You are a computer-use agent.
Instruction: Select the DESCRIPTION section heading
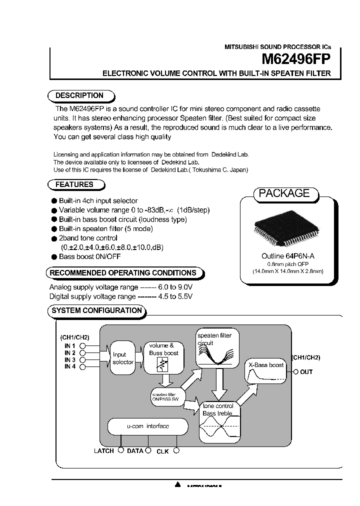pyautogui.click(x=79, y=95)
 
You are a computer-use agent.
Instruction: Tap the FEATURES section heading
pyautogui.click(x=74, y=184)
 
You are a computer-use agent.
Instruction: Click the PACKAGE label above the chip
pyautogui.click(x=284, y=193)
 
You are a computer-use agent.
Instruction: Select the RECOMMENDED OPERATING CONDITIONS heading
pyautogui.click(x=123, y=273)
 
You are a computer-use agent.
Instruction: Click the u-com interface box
pyautogui.click(x=147, y=426)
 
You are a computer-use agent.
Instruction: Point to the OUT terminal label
pyautogui.click(x=306, y=372)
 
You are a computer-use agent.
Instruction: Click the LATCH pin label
pyautogui.click(x=104, y=451)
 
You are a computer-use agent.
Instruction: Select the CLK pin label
pyautogui.click(x=162, y=451)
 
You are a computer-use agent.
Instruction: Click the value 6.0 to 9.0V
pyautogui.click(x=176, y=287)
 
